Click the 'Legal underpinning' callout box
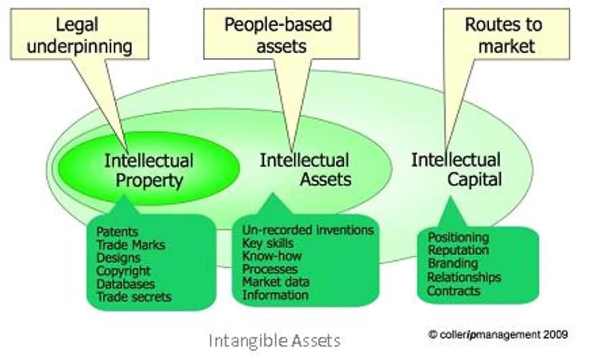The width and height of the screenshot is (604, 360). pyautogui.click(x=80, y=34)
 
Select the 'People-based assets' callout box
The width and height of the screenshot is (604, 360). pyautogui.click(x=281, y=34)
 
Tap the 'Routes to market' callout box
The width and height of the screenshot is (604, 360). pyautogui.click(x=506, y=34)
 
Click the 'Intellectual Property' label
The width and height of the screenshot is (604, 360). pyautogui.click(x=149, y=170)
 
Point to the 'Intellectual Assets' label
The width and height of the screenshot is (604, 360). pyautogui.click(x=305, y=170)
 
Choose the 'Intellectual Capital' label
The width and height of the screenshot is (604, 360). pyautogui.click(x=456, y=169)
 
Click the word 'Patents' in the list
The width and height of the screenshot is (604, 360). pyautogui.click(x=117, y=232)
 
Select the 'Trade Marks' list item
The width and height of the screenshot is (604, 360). pyautogui.click(x=131, y=245)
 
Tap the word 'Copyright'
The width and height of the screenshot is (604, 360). pyautogui.click(x=123, y=271)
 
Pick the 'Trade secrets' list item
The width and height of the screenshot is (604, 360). pyautogui.click(x=134, y=297)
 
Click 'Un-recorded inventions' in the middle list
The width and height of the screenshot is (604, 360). pyautogui.click(x=308, y=230)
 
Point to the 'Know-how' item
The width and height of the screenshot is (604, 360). pyautogui.click(x=272, y=256)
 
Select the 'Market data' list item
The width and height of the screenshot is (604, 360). pyautogui.click(x=276, y=282)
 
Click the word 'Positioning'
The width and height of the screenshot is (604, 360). pyautogui.click(x=459, y=238)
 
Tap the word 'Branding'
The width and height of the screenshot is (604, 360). pyautogui.click(x=453, y=264)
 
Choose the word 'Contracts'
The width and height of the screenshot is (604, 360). pyautogui.click(x=454, y=291)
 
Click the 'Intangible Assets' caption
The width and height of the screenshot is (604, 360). pyautogui.click(x=274, y=341)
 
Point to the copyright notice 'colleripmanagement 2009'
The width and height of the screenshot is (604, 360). pyautogui.click(x=498, y=335)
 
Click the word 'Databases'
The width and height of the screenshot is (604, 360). pyautogui.click(x=126, y=284)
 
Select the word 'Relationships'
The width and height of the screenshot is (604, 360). pyautogui.click(x=464, y=277)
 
